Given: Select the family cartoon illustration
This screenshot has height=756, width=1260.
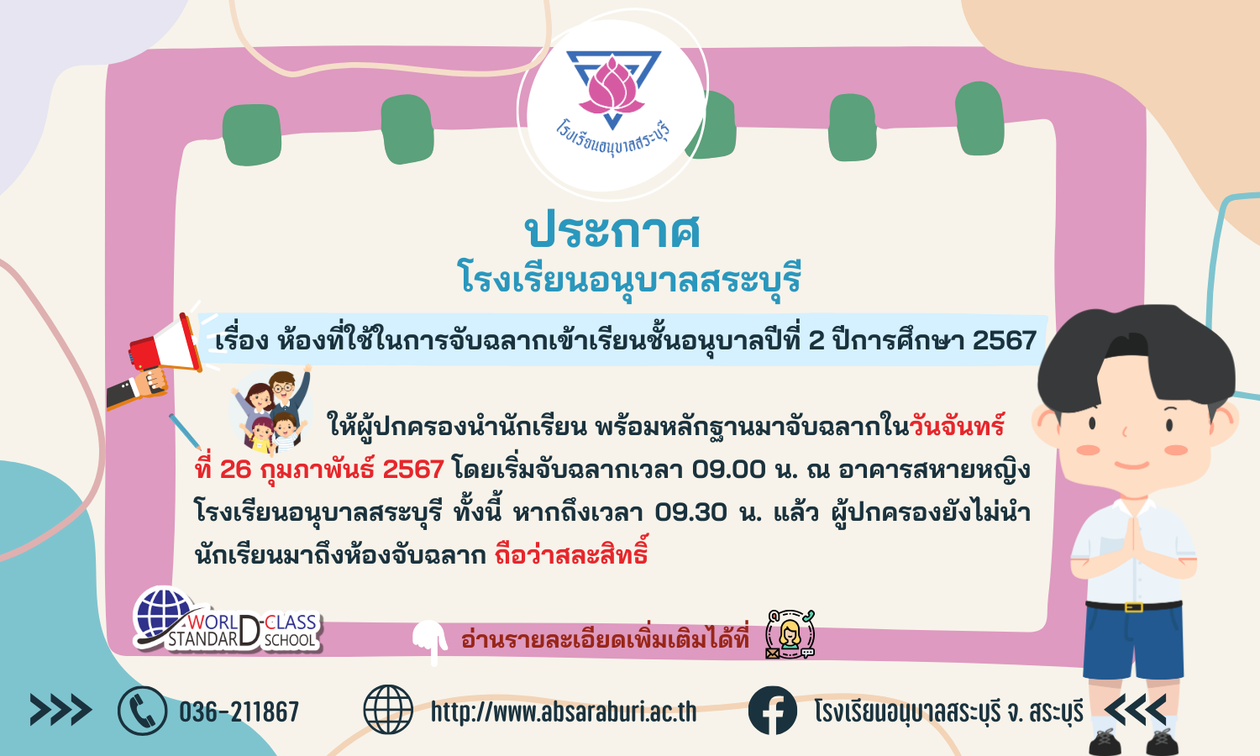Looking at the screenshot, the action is [271, 411].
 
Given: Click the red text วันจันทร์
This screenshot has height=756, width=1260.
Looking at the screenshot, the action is [957, 426].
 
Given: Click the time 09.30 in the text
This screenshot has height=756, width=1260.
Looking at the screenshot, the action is [691, 512].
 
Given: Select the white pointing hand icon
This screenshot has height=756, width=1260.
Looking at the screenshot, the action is [430, 641].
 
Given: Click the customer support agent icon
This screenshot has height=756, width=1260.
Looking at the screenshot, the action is [790, 634].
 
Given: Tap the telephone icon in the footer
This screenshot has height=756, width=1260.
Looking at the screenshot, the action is [142, 711].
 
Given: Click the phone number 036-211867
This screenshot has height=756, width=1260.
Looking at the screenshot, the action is [239, 711].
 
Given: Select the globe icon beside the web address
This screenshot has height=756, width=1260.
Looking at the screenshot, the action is [387, 709].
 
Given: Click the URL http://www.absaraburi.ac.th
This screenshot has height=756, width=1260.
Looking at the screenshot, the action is [564, 711].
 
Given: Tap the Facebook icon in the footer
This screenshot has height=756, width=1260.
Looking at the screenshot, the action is [772, 711].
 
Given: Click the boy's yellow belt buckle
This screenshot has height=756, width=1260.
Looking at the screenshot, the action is [1133, 607].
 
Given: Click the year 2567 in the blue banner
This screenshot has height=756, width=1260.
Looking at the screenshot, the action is [1005, 339].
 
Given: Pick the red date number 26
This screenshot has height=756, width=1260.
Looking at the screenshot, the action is [235, 469].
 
